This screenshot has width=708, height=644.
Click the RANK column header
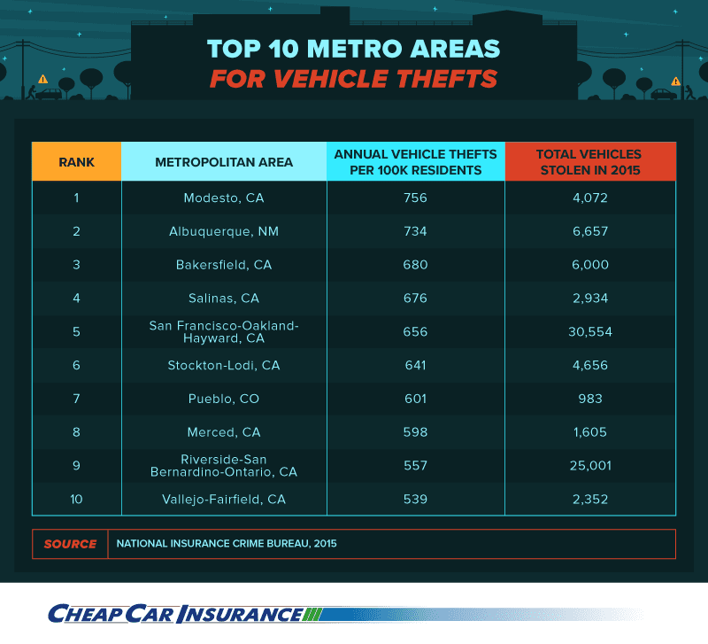tap(76, 162)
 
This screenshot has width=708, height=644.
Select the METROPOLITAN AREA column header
tap(224, 162)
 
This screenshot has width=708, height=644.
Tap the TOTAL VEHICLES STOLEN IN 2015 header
tap(589, 162)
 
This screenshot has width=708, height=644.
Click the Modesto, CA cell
tap(224, 198)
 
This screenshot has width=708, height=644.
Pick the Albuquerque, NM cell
tap(224, 231)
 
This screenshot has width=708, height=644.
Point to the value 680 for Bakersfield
tap(415, 265)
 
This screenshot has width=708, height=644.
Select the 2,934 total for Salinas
tap(589, 299)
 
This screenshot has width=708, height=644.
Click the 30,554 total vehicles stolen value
tap(589, 332)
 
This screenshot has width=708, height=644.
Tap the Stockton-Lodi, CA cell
tap(224, 366)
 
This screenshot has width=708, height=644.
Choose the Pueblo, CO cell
tap(224, 399)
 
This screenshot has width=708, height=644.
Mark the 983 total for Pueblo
tap(589, 399)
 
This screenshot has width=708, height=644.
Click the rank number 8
tap(76, 432)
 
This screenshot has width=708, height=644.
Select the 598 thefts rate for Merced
tap(415, 432)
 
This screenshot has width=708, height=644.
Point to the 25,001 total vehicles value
tap(589, 466)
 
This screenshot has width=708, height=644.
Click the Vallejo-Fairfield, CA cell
tap(224, 500)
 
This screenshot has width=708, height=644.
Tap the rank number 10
tap(76, 500)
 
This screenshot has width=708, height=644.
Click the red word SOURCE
tap(70, 544)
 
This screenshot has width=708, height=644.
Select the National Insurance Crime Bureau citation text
tap(227, 544)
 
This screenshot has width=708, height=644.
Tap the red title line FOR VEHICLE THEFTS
tap(353, 79)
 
